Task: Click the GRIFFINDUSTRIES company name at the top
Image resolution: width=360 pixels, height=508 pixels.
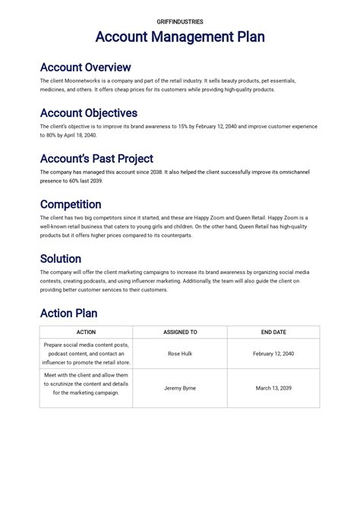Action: pyautogui.click(x=180, y=22)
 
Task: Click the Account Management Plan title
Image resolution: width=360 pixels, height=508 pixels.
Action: pyautogui.click(x=180, y=37)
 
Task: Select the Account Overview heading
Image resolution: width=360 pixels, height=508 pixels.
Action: pyautogui.click(x=85, y=68)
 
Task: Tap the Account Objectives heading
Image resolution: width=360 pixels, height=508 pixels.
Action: pyautogui.click(x=88, y=113)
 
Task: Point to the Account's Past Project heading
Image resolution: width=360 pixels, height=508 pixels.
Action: pyautogui.click(x=96, y=159)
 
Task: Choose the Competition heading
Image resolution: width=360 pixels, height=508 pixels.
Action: pyautogui.click(x=71, y=204)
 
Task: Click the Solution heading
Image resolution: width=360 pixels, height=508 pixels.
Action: pyautogui.click(x=60, y=259)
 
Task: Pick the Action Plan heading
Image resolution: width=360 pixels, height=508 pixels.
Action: pyautogui.click(x=68, y=313)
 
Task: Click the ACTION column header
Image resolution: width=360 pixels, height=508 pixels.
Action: pyautogui.click(x=86, y=332)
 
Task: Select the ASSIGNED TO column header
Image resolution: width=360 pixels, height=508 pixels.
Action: pyautogui.click(x=180, y=332)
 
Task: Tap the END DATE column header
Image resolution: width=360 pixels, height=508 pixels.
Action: pyautogui.click(x=273, y=332)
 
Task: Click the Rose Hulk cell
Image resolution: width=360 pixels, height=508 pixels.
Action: pyautogui.click(x=180, y=354)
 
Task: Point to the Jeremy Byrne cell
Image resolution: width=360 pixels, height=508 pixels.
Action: pyautogui.click(x=180, y=388)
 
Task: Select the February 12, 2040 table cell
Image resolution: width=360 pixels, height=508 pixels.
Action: pyautogui.click(x=273, y=354)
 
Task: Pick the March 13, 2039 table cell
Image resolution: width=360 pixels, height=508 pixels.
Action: pyautogui.click(x=273, y=388)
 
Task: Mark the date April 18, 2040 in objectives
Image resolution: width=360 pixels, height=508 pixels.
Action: pyautogui.click(x=80, y=135)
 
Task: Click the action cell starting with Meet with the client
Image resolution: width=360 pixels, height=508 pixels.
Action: pyautogui.click(x=86, y=383)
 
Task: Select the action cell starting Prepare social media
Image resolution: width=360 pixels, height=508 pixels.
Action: pyautogui.click(x=86, y=354)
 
